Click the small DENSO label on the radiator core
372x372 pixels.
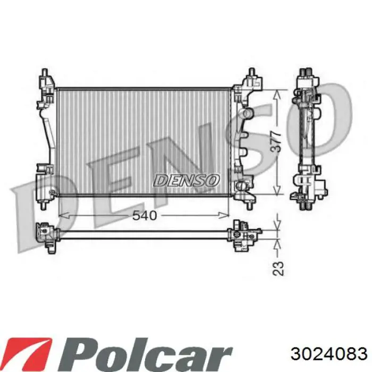coord(185,180)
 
